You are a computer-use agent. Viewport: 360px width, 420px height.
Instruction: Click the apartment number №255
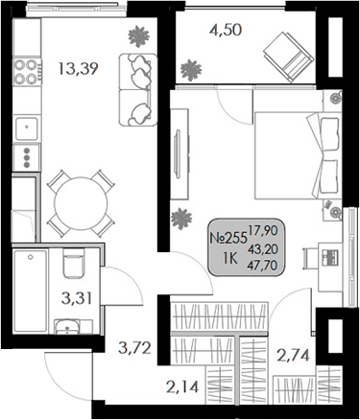(x=228, y=243)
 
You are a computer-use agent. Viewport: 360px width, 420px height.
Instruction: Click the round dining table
(x=77, y=201)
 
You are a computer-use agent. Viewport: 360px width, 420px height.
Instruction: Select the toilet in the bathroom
(x=71, y=269)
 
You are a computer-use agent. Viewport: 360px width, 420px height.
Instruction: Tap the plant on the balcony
(x=194, y=69)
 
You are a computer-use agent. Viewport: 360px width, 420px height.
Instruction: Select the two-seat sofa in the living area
(x=135, y=88)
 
